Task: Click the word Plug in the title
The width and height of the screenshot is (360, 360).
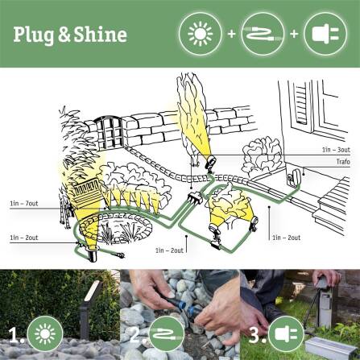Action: point(35,35)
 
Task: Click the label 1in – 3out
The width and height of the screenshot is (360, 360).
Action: point(336,150)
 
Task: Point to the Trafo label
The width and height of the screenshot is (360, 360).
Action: point(343,161)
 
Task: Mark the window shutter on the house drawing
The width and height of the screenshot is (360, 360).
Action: point(299,110)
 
